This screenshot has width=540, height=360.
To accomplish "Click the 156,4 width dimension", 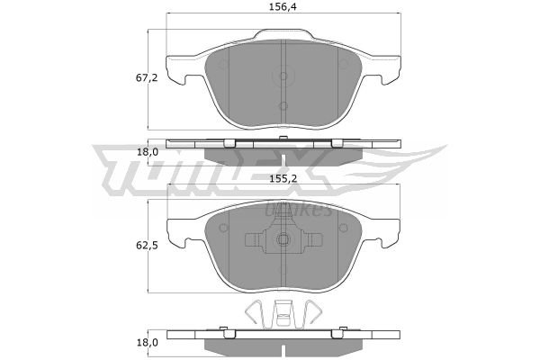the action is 283,7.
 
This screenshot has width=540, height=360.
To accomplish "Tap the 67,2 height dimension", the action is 147,78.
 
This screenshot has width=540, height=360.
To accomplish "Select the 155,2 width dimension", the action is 283,178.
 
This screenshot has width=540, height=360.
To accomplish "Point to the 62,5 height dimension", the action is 147,246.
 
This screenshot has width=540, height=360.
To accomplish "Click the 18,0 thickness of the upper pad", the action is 148,152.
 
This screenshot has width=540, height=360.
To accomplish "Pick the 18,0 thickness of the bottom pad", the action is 148,342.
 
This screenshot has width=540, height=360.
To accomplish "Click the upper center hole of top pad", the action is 283,76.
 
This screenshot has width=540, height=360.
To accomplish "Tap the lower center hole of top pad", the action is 283,106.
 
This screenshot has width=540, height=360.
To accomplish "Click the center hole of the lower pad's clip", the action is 283,239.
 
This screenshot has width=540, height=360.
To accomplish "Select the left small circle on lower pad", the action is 223,228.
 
